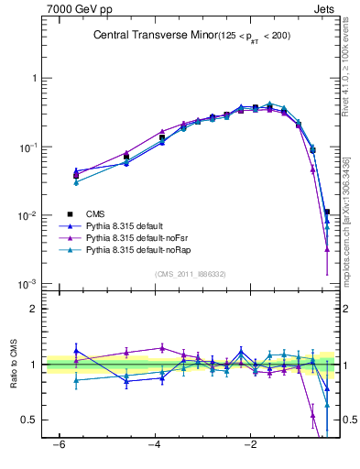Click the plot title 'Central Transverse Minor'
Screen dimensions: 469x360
tap(151, 36)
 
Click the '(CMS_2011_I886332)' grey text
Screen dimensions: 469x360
tap(191, 274)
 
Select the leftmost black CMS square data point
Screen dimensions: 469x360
tap(76, 176)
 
